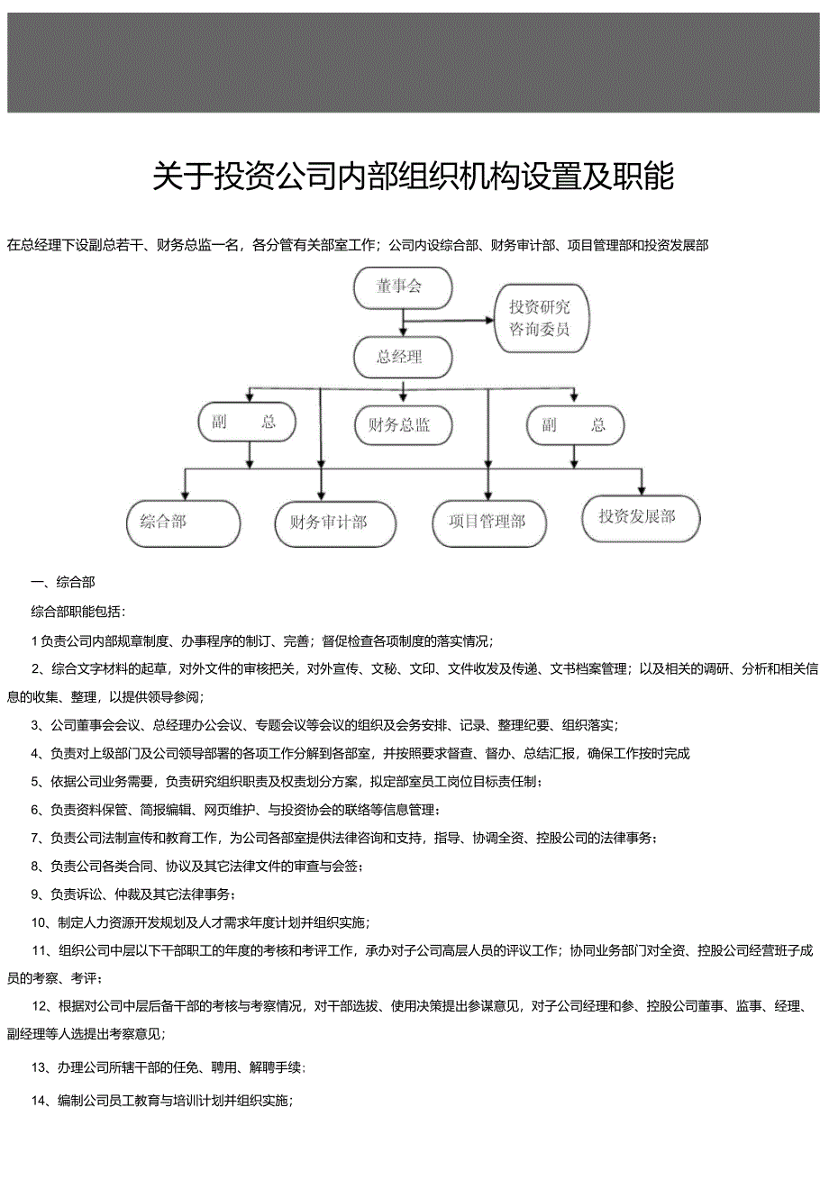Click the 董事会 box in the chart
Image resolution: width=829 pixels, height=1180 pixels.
click(x=401, y=287)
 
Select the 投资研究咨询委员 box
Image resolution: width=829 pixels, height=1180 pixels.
click(x=540, y=318)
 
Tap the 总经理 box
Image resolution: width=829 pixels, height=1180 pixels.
click(x=400, y=357)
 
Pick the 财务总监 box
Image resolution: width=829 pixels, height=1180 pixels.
click(x=399, y=425)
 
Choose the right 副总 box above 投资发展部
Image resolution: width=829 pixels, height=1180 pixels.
click(x=574, y=425)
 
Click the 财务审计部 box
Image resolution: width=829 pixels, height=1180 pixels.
click(x=334, y=522)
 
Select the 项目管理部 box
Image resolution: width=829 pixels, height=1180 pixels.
click(x=487, y=522)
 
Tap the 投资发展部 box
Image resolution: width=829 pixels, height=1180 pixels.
click(x=639, y=517)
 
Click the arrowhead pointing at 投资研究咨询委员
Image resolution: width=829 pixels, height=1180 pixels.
click(x=489, y=319)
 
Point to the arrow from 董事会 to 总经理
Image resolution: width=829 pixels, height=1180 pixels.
click(x=403, y=322)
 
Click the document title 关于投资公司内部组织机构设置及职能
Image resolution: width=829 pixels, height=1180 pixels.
click(x=414, y=177)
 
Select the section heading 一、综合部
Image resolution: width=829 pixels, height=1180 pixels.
click(x=63, y=582)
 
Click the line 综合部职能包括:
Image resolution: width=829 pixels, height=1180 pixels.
click(x=79, y=611)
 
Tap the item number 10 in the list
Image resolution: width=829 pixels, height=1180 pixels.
click(x=39, y=922)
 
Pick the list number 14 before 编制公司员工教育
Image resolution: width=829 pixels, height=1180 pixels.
click(x=39, y=1100)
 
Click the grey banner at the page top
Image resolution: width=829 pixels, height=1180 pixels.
click(x=414, y=62)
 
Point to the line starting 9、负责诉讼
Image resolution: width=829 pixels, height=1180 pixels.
click(x=133, y=894)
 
